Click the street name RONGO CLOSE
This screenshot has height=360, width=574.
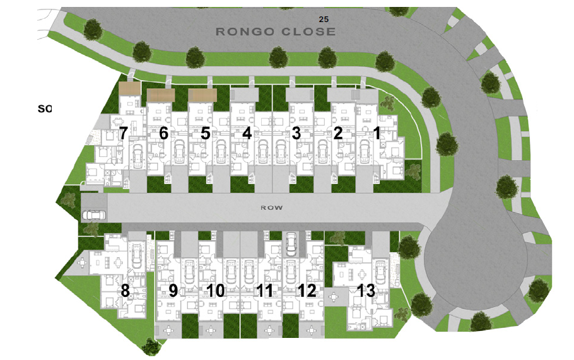click(x=276, y=32)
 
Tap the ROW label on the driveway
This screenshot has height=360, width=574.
click(x=272, y=207)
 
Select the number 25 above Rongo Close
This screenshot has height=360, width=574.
click(x=324, y=20)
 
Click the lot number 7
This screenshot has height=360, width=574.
click(x=123, y=133)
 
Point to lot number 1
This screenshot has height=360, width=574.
click(x=377, y=133)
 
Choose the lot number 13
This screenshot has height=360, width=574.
click(x=366, y=291)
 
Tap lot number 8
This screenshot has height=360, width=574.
click(x=125, y=291)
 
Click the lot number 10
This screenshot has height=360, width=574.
click(x=216, y=291)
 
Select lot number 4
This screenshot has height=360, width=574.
click(x=247, y=133)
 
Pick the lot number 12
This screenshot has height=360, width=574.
click(x=307, y=291)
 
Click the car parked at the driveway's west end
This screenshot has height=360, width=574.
click(x=94, y=215)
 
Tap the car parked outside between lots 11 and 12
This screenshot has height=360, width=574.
click(x=291, y=244)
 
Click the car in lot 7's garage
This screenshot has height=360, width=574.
click(x=138, y=156)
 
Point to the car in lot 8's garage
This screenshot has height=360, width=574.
click(x=138, y=255)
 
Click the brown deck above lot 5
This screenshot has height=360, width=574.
click(x=202, y=95)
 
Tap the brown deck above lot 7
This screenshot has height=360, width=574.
click(x=129, y=88)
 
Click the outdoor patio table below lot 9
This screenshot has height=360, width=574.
click(x=168, y=330)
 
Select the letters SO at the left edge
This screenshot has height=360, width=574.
click(x=45, y=108)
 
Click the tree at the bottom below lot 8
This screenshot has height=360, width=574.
click(x=151, y=346)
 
